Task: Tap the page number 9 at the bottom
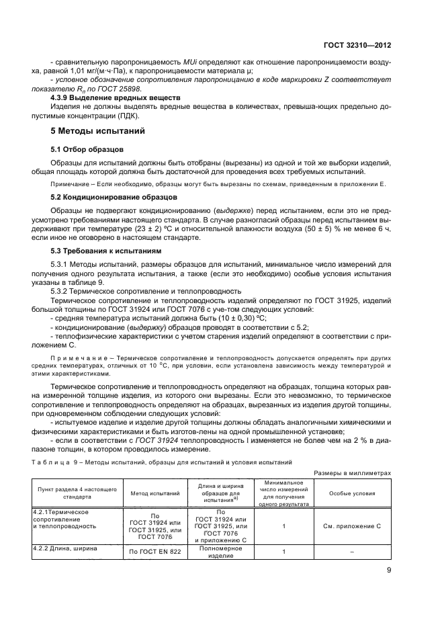(x=389, y=589)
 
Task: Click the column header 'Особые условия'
(x=352, y=493)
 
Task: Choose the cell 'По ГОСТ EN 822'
(x=154, y=552)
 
